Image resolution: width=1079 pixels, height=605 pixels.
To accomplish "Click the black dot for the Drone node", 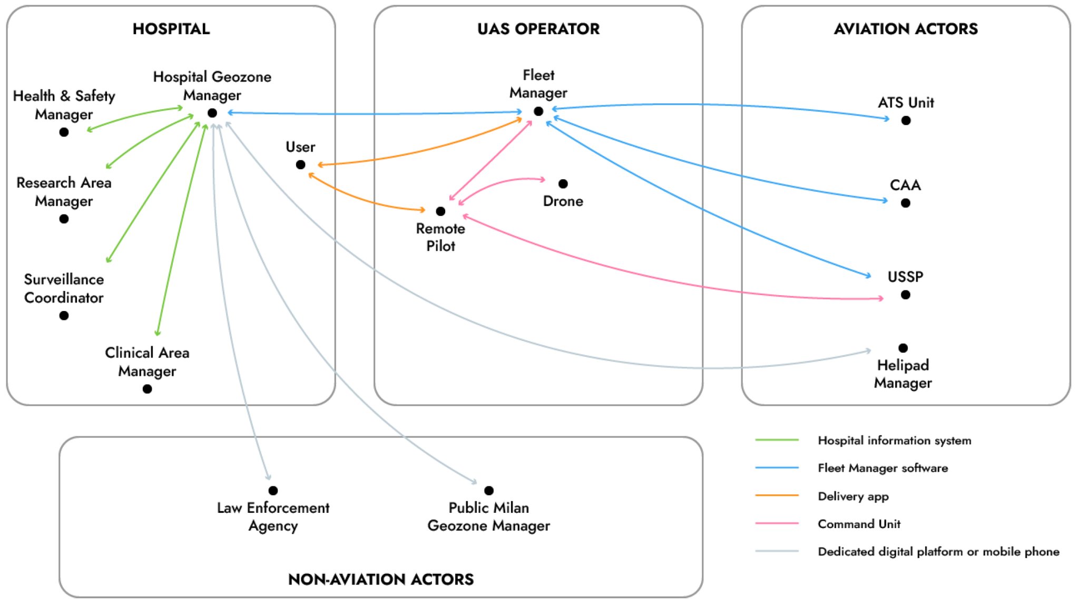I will click(x=563, y=184).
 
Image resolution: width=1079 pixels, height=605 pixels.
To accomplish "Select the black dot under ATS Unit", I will click(x=906, y=121).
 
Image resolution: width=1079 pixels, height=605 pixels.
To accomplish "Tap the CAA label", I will click(x=905, y=185).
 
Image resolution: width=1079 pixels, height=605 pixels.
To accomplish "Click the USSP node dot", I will click(x=905, y=295).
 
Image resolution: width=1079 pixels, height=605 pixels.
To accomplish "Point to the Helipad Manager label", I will click(x=903, y=374).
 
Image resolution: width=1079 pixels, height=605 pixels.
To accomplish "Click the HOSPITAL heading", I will click(x=171, y=29).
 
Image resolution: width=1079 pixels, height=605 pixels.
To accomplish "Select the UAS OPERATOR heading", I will click(x=538, y=29).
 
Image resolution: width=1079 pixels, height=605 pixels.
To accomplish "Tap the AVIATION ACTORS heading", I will click(x=905, y=29).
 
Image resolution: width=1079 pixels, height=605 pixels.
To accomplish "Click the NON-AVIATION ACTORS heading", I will click(x=380, y=579).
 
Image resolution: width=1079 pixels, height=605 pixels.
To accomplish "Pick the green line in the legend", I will click(x=777, y=440).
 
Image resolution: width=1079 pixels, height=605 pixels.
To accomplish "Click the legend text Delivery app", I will click(x=852, y=496).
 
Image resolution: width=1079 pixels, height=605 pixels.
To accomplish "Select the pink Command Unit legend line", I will click(x=777, y=523).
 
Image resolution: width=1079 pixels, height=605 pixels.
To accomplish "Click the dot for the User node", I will click(x=300, y=165).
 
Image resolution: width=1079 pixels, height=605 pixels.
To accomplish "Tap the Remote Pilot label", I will click(x=440, y=237).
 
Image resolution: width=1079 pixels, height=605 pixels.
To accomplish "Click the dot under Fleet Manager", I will click(x=538, y=111).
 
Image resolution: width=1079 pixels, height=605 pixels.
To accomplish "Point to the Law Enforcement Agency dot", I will click(x=273, y=491).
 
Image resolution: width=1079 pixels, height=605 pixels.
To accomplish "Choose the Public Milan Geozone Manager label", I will click(x=488, y=516).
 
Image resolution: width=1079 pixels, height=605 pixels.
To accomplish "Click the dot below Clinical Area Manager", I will click(x=147, y=389).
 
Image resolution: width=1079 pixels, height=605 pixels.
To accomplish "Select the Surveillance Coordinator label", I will click(x=64, y=288).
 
